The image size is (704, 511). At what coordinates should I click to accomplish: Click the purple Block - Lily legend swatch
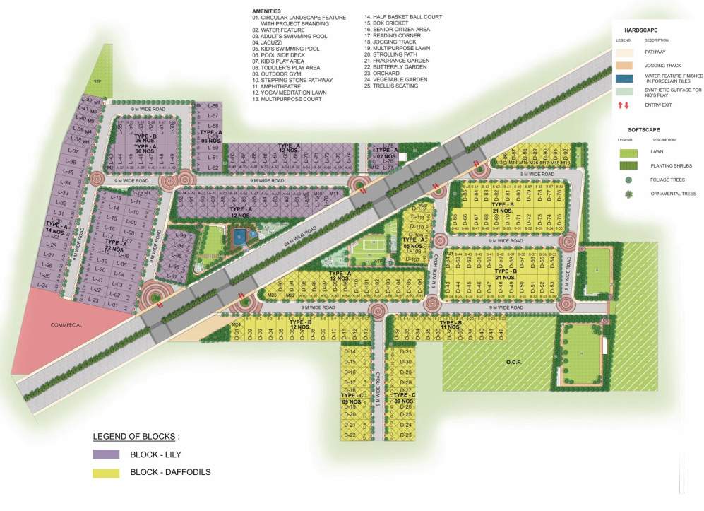[106, 454]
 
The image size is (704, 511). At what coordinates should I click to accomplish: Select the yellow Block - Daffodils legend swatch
[106, 472]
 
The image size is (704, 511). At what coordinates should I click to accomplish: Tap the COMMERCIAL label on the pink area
[66, 325]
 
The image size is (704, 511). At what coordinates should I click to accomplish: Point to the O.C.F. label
[513, 362]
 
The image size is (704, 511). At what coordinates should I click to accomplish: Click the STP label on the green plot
[97, 83]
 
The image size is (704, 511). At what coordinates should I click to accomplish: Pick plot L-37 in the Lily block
[72, 151]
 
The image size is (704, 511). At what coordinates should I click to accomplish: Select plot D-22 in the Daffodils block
[350, 435]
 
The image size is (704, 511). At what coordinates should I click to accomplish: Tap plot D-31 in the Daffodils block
[405, 351]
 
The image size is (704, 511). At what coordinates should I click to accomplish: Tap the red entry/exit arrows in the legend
[624, 105]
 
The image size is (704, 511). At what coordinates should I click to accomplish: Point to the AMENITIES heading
[266, 12]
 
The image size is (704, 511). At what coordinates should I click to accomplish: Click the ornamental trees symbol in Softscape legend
[626, 194]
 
